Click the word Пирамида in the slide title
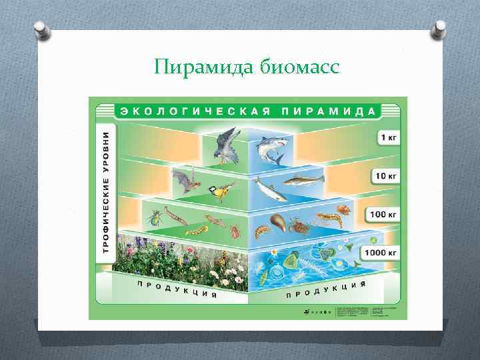(x=198, y=67)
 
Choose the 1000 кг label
(x=381, y=253)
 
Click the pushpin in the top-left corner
(x=40, y=29)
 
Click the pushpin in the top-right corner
(x=441, y=29)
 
